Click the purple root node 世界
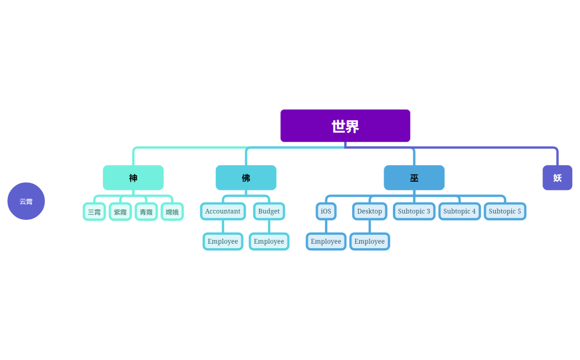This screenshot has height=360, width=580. coord(345,126)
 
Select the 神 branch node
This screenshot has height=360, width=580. coord(133,178)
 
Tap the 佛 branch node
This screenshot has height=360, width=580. coord(246,178)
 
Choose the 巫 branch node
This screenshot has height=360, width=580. coord(414,178)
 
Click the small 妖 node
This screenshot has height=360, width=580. coord(557,178)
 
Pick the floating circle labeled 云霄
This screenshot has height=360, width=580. coord(26,201)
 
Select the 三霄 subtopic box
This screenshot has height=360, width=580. coord(94,212)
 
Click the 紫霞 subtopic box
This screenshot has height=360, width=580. coord(120,212)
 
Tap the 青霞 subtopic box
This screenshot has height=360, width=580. coord(146,212)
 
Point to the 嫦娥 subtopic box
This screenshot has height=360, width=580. coord(172,212)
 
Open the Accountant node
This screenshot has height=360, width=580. coord(222,211)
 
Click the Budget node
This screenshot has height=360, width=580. coord(269,211)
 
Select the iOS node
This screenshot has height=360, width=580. coord(326,211)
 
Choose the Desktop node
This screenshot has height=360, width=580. coord(369,211)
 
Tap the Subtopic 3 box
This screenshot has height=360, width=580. coord(414,211)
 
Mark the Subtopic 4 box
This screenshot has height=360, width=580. coord(459,211)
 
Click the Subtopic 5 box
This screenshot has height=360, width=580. coord(505,211)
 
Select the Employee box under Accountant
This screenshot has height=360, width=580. coord(222,241)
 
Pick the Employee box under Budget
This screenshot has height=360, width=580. coord(269,241)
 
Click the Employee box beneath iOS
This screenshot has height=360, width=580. coord(326,241)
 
